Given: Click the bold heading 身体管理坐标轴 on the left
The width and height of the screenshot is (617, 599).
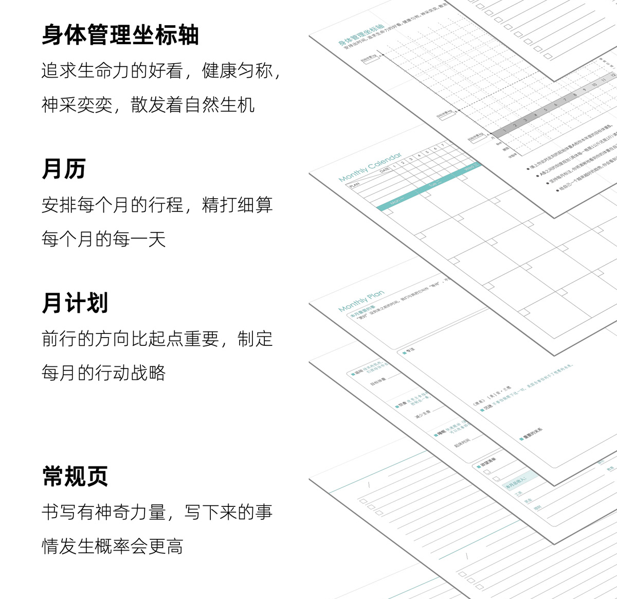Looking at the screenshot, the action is (120, 35).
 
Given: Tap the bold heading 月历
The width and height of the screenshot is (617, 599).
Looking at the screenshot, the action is (64, 169).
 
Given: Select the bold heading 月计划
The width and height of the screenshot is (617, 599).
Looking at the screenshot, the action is (75, 303).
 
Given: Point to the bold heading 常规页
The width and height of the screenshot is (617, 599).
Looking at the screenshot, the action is (75, 477).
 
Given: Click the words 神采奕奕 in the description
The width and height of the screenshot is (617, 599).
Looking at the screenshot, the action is (77, 105).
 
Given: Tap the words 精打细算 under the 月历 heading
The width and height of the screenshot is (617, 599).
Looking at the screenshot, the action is (237, 205).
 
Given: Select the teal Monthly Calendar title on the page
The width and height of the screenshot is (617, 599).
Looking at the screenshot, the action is (370, 167).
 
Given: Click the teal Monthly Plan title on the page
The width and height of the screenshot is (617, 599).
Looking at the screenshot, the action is (361, 301).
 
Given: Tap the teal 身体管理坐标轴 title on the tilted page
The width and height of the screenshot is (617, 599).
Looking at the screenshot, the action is (361, 34).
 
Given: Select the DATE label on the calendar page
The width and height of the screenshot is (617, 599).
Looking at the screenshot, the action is (384, 170).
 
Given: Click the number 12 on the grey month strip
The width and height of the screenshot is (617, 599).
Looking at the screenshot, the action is (612, 76).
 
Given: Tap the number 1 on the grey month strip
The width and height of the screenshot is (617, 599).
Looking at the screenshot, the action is (505, 131).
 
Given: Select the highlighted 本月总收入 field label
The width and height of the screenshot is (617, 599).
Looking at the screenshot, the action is (515, 482).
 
